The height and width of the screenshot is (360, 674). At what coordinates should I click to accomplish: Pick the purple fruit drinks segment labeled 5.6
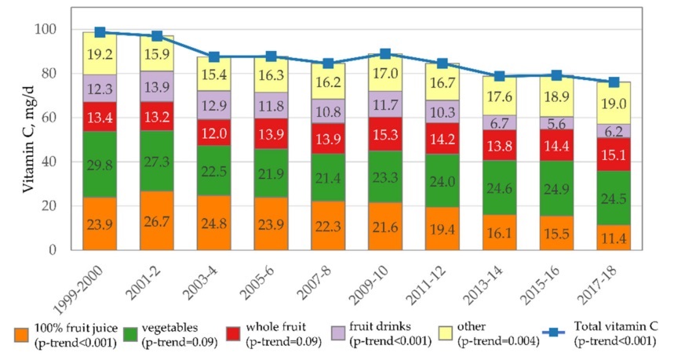tap(557, 123)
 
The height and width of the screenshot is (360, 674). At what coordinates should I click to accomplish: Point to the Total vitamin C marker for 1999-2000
tap(100, 32)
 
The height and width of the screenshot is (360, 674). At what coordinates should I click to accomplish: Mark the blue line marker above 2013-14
tap(500, 76)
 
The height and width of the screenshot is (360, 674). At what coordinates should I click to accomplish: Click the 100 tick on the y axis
tap(52, 30)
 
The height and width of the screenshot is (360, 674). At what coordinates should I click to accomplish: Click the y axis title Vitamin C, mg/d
tap(18, 140)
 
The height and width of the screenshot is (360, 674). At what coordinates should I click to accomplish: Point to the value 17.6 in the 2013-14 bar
tap(500, 97)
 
